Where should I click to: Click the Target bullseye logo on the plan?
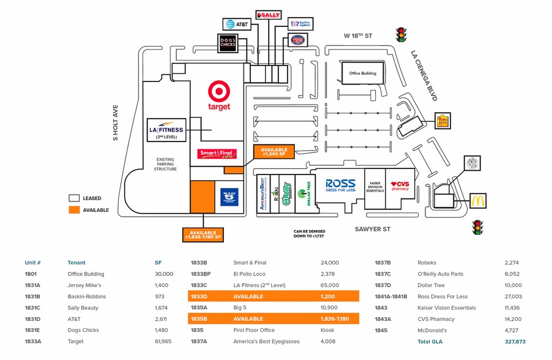[x=219, y=92]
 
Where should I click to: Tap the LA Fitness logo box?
[x=166, y=130]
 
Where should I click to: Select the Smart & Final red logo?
[x=217, y=154]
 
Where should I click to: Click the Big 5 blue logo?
[x=229, y=197]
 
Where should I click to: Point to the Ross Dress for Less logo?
[x=340, y=186]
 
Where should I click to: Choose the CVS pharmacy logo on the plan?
[x=400, y=186]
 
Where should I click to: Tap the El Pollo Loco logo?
[x=442, y=121]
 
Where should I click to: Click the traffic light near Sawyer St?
[x=477, y=228]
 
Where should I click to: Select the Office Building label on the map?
[x=363, y=73]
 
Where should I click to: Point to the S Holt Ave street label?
[x=115, y=123]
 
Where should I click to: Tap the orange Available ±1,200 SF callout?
[x=274, y=152]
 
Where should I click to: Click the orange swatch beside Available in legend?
[x=74, y=210]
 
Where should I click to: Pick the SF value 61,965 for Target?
[x=163, y=341]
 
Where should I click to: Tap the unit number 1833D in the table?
[x=200, y=296]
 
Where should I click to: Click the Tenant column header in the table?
[x=76, y=263]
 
